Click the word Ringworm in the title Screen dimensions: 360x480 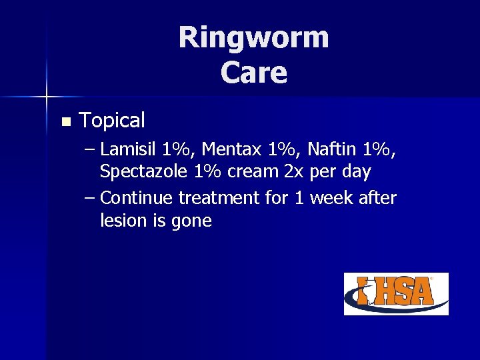(x=253, y=37)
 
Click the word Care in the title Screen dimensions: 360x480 (x=254, y=73)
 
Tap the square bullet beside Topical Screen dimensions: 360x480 (x=65, y=122)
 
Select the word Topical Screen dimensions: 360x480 (x=112, y=121)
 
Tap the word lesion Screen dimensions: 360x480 (x=121, y=220)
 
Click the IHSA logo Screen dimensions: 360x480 (x=396, y=293)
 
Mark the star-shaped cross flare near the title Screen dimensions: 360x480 (x=47, y=97)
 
